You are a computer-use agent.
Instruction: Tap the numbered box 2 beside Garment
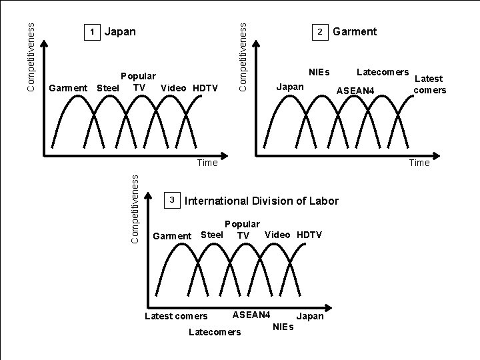point(320,32)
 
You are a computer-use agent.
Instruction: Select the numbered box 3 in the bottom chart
point(171,200)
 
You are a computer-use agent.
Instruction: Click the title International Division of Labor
point(261,201)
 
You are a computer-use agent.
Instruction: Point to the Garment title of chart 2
point(355,31)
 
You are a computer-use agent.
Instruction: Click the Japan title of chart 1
point(121,31)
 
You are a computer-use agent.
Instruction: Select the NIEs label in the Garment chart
point(319,71)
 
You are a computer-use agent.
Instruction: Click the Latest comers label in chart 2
point(429,84)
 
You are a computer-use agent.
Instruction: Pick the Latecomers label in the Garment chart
point(383,71)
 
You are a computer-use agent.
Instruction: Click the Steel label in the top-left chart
point(108,88)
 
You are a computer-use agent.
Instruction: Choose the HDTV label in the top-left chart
point(205,88)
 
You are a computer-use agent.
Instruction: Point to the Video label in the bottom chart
point(277,234)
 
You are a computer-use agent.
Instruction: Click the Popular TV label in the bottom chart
point(243,229)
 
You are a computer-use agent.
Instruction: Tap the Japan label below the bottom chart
point(309,316)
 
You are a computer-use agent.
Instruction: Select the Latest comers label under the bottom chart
point(176,316)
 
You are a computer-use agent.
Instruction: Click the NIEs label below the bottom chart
point(283,326)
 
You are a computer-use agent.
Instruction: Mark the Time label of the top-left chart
point(207,163)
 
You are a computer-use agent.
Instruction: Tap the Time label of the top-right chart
point(419,163)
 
